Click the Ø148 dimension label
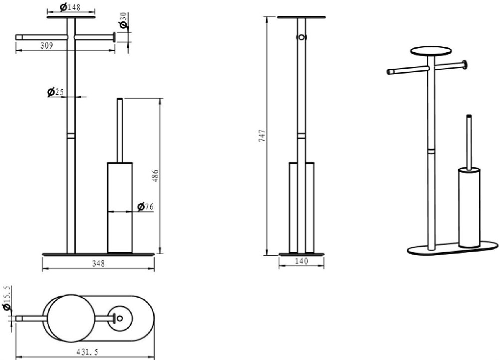pos(70,6)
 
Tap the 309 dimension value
pos(47,46)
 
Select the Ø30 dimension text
pos(123,20)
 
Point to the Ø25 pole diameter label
pos(55,92)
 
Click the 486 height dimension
pos(156,176)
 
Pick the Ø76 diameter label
pos(145,207)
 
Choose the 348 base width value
pos(98,263)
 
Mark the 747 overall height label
pos(262,136)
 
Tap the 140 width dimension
pos(302,261)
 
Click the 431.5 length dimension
pos(87,352)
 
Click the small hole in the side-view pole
pos(301,37)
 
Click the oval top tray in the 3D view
pos(431,51)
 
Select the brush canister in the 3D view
pos(469,207)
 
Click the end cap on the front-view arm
pos(114,37)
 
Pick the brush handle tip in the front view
pos(120,99)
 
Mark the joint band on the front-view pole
pos(71,136)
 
